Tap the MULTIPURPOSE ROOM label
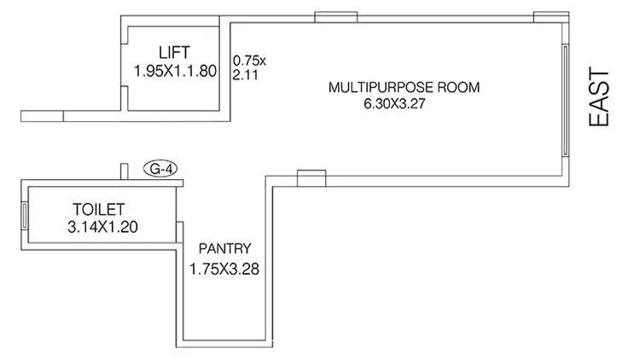coord(405,87)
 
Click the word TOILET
coord(99,209)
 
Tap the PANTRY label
coord(224,249)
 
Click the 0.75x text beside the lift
coord(249,61)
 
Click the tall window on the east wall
coord(564,99)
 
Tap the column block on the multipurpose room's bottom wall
coord(311,177)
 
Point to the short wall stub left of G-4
coord(124,170)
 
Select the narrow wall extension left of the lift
coord(43,114)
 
